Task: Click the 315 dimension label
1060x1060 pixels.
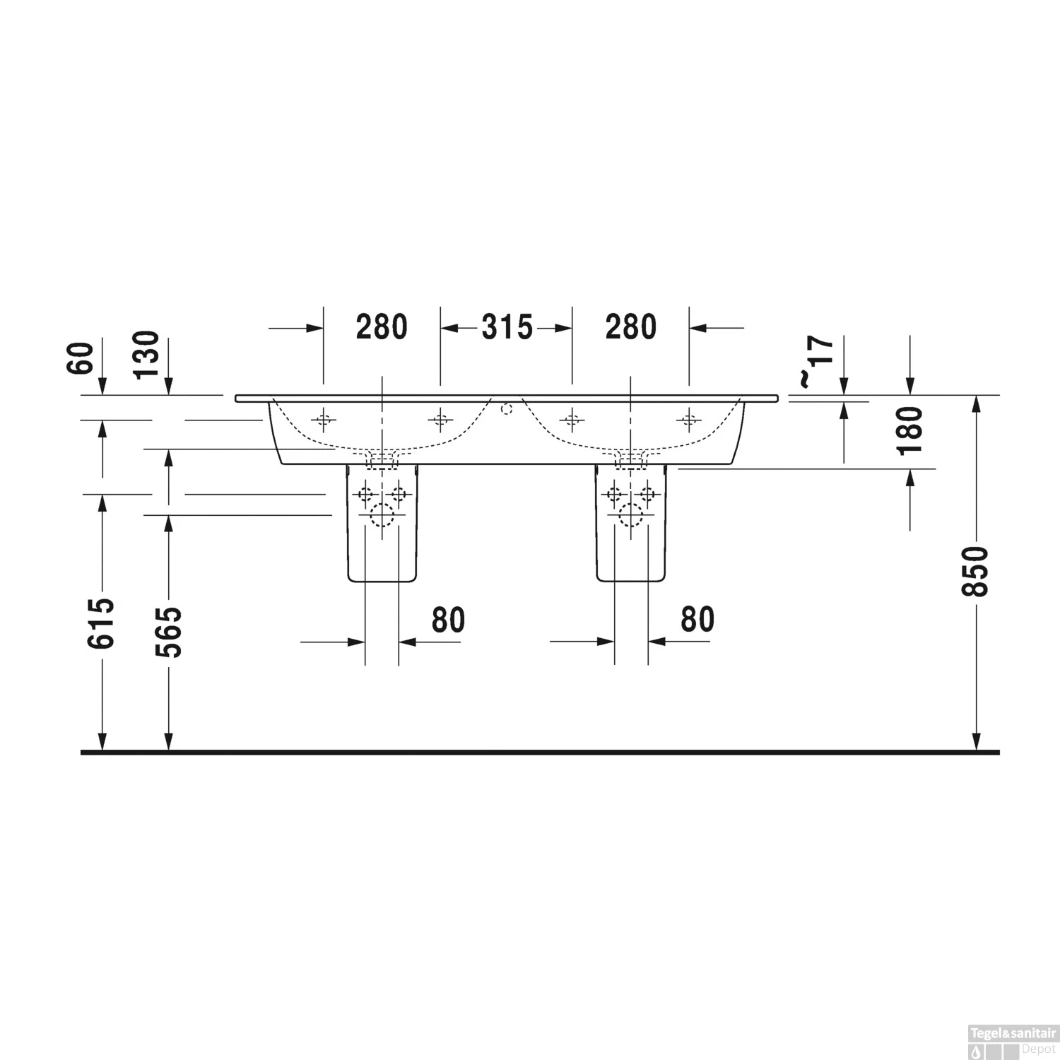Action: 507,327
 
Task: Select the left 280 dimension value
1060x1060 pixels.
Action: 382,327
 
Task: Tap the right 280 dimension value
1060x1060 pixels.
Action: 631,327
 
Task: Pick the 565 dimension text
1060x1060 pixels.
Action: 169,632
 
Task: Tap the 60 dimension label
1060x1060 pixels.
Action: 83,358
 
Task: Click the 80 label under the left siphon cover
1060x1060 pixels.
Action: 449,620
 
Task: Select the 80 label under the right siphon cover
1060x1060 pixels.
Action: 697,619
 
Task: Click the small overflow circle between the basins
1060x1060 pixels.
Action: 506,408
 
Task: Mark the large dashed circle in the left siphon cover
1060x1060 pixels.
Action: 382,516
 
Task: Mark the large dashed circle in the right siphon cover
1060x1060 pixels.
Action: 630,516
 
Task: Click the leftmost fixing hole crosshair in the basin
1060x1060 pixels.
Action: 324,420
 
